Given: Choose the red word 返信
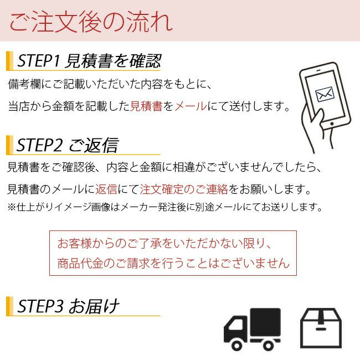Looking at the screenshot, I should point(106,190).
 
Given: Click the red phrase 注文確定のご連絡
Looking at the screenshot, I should point(184,190).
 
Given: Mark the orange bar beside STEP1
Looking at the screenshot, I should point(9,60).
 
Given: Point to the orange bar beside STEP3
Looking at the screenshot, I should point(9,306).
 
